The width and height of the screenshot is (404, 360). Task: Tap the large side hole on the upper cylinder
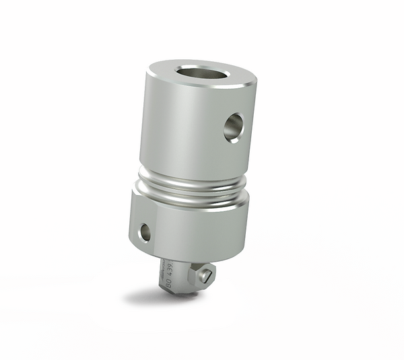point(233,127)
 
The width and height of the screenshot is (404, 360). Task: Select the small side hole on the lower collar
point(145,232)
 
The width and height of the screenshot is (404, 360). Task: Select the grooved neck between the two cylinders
point(191,184)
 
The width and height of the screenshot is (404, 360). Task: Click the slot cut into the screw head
point(209,275)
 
